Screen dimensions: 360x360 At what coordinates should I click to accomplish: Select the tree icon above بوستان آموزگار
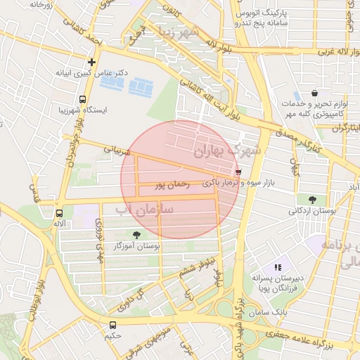(x=136, y=235)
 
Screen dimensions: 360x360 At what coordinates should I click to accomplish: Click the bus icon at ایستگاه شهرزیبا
(x=83, y=100)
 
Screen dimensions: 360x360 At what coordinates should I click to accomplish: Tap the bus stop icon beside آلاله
(x=59, y=212)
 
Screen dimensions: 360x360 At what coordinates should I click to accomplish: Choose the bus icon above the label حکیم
(x=112, y=325)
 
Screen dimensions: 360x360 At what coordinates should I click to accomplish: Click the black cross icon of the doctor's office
(x=91, y=62)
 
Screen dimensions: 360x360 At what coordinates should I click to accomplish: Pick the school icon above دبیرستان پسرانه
(x=278, y=267)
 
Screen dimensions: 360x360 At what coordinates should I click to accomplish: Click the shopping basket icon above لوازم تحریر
(x=314, y=93)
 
